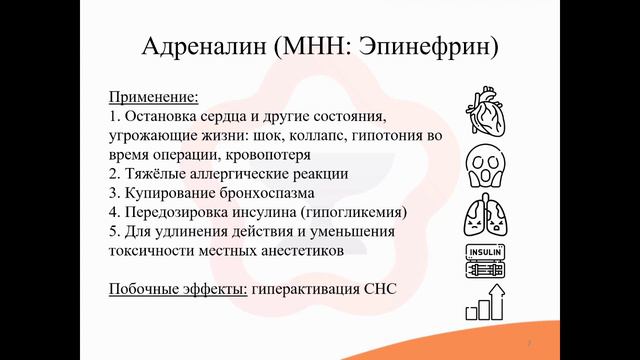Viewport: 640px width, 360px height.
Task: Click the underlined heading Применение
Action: pos(153,97)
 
